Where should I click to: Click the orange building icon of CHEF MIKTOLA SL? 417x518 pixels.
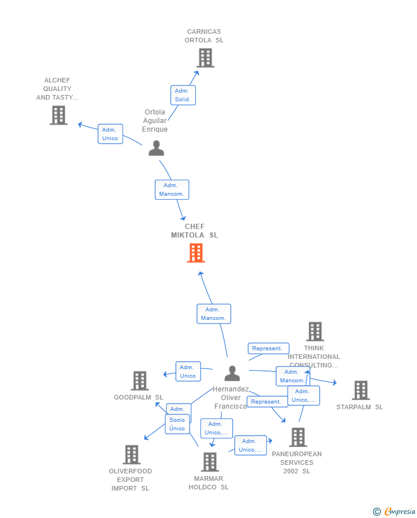tap(196, 253)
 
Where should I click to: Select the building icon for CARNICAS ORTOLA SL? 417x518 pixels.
tap(205, 58)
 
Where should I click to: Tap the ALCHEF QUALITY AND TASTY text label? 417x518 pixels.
tap(57, 89)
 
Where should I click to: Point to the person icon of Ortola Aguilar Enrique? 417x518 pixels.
tap(156, 148)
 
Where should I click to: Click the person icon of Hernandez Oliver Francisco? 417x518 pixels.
tap(232, 373)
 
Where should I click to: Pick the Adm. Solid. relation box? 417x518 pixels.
tap(183, 95)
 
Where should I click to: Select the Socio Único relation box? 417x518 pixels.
tap(177, 424)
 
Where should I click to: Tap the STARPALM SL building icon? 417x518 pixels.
tap(360, 390)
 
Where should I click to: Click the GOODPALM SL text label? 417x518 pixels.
tap(139, 397)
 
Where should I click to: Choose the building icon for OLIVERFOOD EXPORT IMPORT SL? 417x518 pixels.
tap(132, 454)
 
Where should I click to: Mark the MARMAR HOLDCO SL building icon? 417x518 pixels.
tap(210, 462)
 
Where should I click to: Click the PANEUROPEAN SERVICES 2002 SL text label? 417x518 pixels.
tap(297, 462)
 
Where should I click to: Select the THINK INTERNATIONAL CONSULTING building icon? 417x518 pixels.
tap(314, 331)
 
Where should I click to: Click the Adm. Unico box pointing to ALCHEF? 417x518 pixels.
tap(110, 134)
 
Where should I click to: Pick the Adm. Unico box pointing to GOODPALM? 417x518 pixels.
tap(188, 371)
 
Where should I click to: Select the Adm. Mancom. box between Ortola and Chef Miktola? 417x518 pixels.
tap(171, 189)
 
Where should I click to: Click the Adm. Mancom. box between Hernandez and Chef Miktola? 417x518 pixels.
tap(214, 314)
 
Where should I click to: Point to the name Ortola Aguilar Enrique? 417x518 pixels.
tap(155, 121)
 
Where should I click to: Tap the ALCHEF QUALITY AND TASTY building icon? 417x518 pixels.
tap(58, 115)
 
